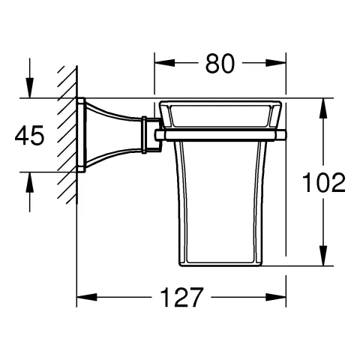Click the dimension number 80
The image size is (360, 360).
[x=220, y=64]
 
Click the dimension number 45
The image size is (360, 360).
[x=29, y=136]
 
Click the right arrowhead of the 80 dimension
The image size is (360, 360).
[x=280, y=64]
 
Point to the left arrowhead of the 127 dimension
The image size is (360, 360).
[x=84, y=297]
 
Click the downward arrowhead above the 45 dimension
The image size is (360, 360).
[x=30, y=90]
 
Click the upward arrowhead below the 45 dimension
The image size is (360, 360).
[x=30, y=181]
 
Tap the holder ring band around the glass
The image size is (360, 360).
[x=221, y=135]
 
